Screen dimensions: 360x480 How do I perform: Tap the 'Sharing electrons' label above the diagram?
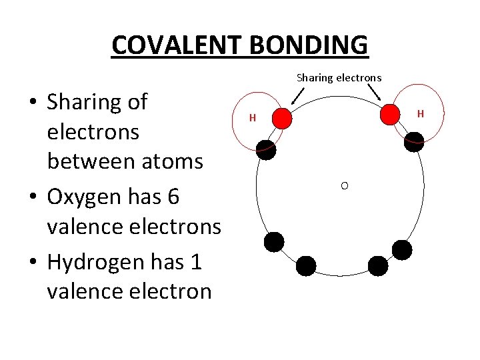coord(339,77)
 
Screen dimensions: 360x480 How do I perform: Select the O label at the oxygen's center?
coord(344,185)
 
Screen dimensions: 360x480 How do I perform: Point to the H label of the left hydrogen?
coord(253,118)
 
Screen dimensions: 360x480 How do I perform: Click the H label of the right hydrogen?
coord(420,114)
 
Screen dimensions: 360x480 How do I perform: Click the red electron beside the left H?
coord(283,118)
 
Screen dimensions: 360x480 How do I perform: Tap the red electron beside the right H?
coord(390,115)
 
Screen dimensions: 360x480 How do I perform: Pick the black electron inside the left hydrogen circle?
coord(267,150)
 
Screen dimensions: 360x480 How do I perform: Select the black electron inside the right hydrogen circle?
coord(414,141)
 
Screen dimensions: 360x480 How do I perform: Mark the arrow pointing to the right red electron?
coord(375,94)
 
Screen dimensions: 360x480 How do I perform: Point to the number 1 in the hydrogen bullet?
coord(196,261)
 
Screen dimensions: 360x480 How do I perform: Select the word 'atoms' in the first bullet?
coord(173,161)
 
